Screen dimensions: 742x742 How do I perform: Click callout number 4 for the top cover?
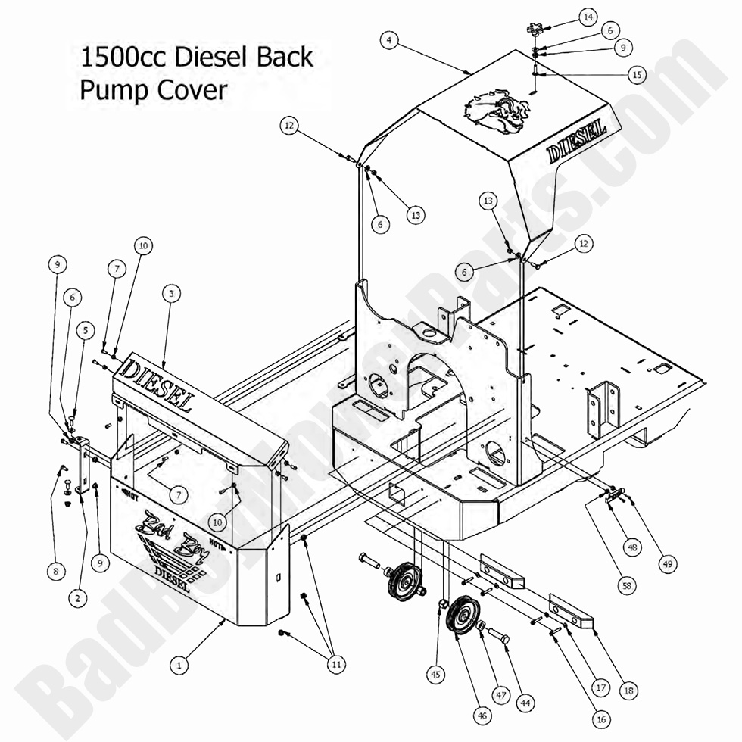[388, 40]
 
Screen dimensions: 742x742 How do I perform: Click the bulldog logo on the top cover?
[491, 114]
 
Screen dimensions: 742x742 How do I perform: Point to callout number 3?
[172, 294]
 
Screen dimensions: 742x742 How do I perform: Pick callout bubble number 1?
[179, 666]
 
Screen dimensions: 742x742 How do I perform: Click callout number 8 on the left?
[54, 572]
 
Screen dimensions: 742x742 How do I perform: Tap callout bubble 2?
[75, 598]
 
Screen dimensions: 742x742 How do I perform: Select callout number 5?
[85, 330]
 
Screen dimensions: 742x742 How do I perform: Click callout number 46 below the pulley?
[482, 712]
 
